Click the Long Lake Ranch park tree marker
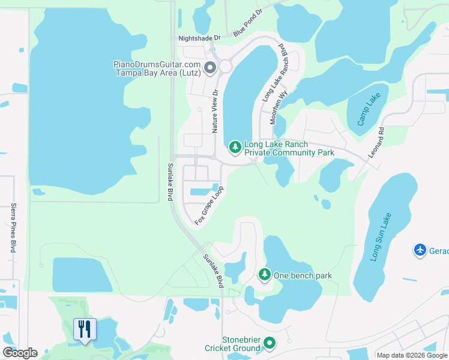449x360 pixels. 235,147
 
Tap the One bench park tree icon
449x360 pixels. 264,275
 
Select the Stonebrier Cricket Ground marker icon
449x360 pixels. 270,344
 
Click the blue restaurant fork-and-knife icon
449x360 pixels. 85,329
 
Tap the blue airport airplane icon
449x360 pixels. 420,250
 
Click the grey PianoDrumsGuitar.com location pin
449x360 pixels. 210,68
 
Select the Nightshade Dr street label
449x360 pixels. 200,38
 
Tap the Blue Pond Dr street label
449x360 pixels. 248,22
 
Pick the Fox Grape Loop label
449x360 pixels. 209,205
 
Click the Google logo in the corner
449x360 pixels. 20,353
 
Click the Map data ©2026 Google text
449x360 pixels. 412,355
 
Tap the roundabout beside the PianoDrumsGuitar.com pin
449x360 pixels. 226,66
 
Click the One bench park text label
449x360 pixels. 303,275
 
